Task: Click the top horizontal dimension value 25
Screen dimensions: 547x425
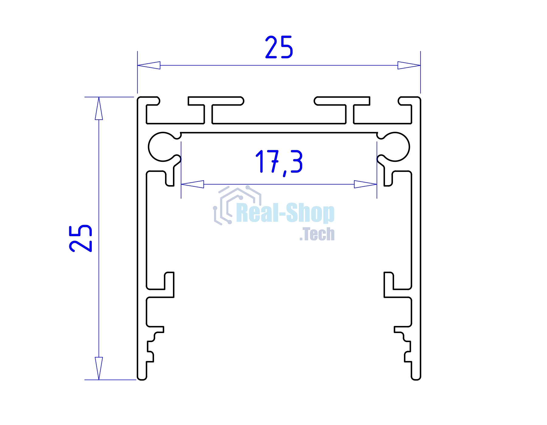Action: pyautogui.click(x=279, y=47)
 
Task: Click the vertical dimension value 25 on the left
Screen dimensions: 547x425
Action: pyautogui.click(x=81, y=238)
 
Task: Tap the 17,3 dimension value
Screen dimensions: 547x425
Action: pyautogui.click(x=279, y=162)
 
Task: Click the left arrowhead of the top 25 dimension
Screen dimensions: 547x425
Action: pyautogui.click(x=149, y=65)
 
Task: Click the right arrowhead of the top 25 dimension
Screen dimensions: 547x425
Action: pyautogui.click(x=409, y=65)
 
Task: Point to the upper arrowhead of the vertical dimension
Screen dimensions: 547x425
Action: pyautogui.click(x=99, y=108)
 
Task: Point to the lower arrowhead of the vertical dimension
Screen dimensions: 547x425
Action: pyautogui.click(x=99, y=368)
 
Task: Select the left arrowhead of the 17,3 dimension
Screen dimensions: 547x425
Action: pyautogui.click(x=192, y=184)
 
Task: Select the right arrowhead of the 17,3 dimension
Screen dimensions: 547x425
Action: pyautogui.click(x=366, y=184)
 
